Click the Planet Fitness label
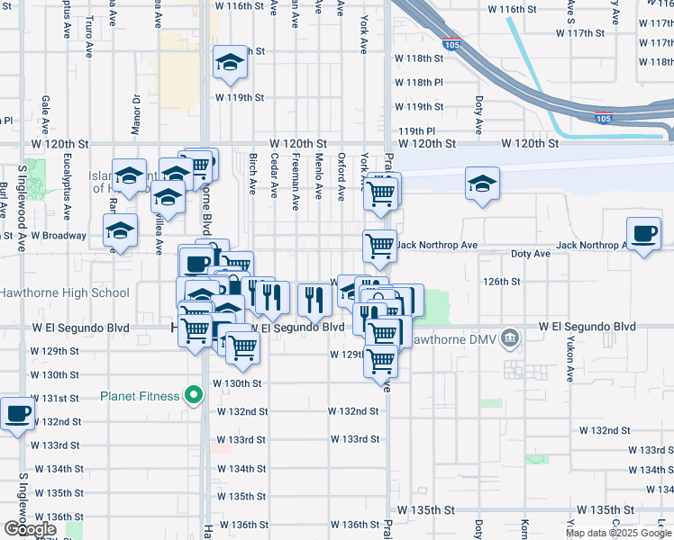click(141, 395)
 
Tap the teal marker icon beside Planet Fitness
click(193, 395)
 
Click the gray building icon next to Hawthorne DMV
click(510, 338)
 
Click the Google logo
click(29, 529)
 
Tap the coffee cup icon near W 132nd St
click(17, 415)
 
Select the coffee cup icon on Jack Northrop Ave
click(643, 235)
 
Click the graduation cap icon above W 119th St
click(229, 62)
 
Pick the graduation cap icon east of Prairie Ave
click(482, 184)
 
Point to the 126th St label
click(502, 282)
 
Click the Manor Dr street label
click(136, 112)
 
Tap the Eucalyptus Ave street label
click(66, 193)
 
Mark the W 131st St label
click(56, 398)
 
